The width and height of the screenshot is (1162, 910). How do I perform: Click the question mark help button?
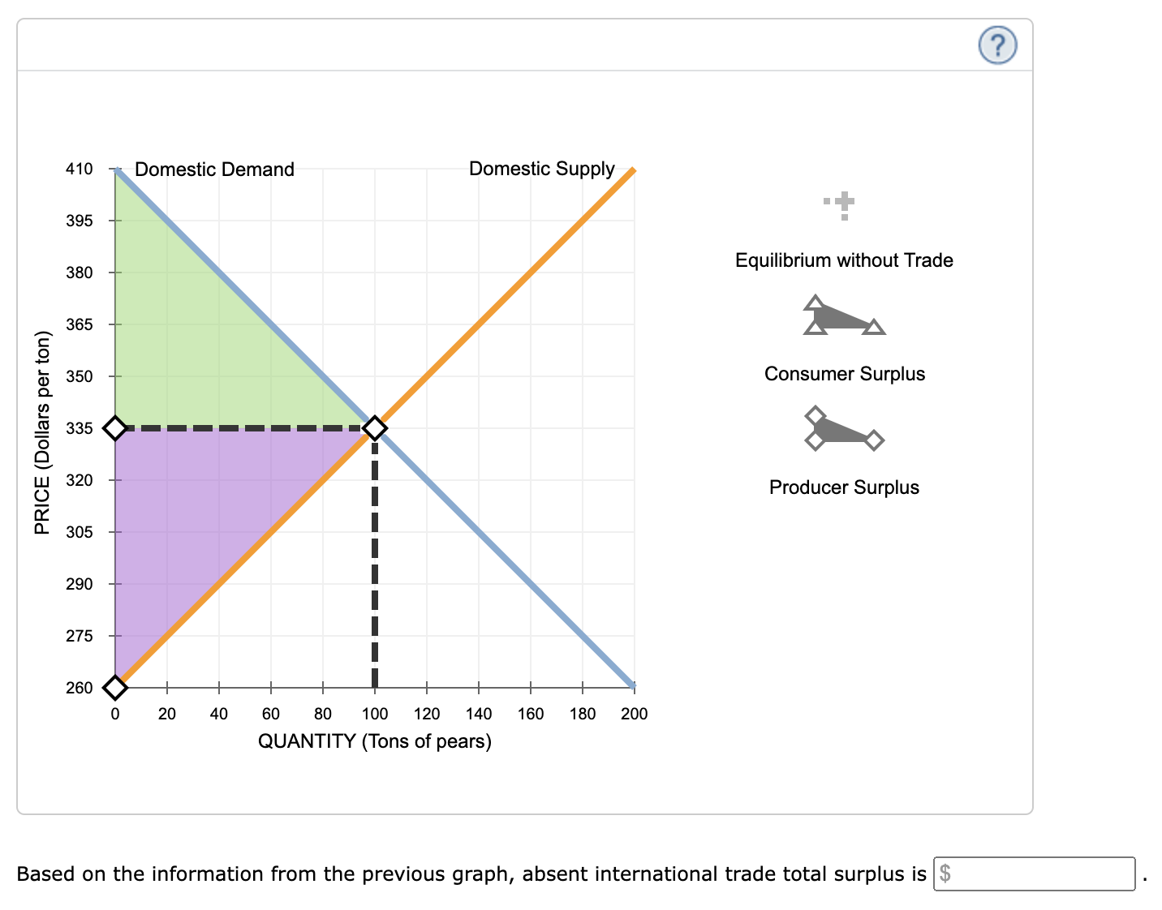point(997,45)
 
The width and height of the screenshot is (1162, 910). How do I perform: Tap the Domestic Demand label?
point(214,170)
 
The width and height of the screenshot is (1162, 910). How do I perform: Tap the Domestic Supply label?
point(541,169)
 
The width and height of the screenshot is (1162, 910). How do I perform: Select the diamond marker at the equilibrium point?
point(374,427)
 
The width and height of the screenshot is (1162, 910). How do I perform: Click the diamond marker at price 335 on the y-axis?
point(115,427)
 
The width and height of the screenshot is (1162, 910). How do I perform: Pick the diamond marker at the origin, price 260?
point(115,688)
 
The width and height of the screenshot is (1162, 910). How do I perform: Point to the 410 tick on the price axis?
point(80,169)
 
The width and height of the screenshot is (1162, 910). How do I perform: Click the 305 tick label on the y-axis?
point(80,532)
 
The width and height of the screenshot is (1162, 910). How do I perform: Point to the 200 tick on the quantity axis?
point(634,714)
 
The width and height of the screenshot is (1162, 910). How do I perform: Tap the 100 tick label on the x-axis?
point(374,714)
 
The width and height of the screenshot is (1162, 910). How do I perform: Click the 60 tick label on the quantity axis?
point(270,714)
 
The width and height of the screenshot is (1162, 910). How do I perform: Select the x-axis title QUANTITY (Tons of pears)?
point(374,741)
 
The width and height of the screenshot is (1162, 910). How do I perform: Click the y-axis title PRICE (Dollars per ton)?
point(42,433)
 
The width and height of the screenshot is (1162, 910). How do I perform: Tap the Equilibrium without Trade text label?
point(844,260)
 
